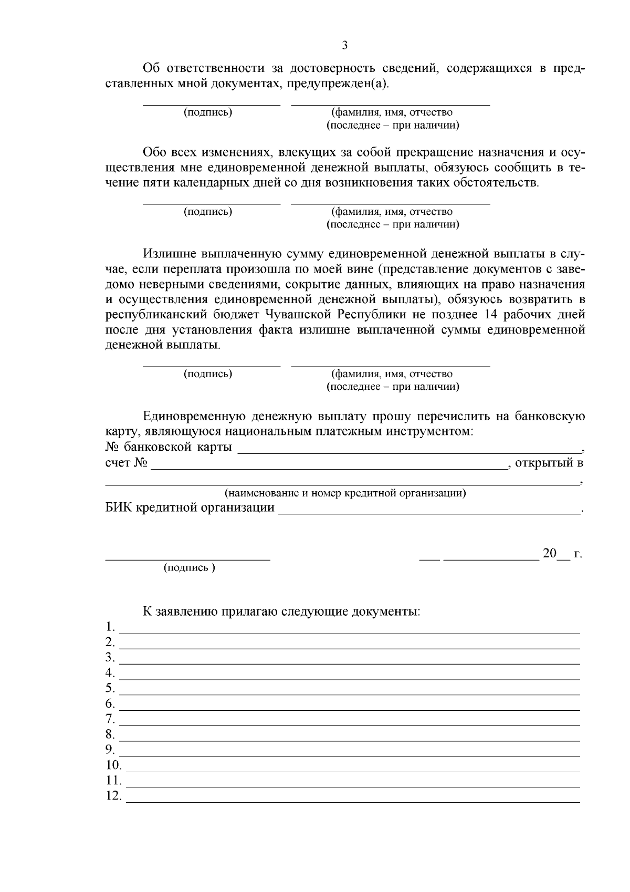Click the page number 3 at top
[344, 45]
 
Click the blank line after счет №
[329, 465]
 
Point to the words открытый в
[549, 463]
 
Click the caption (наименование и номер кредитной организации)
[345, 493]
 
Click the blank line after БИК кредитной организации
[428, 509]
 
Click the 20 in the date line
[549, 554]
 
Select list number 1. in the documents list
[110, 627]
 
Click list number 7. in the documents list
[110, 718]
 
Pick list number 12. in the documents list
[113, 795]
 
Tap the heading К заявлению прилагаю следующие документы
[281, 612]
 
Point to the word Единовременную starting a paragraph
[194, 417]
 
